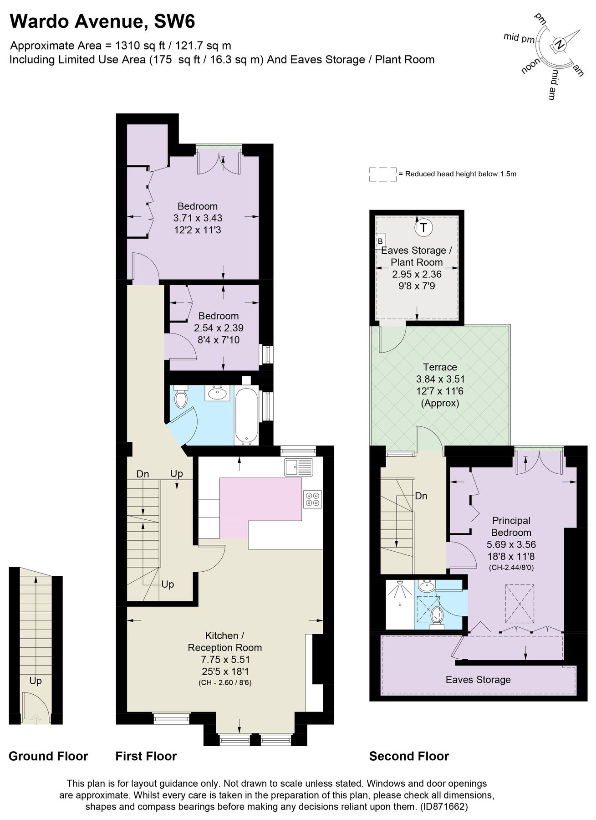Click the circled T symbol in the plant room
423,227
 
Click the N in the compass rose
560,45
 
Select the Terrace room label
440,367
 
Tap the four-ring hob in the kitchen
312,499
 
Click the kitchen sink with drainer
299,467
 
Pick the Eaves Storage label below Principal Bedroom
478,680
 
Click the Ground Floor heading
48,756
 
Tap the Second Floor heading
409,756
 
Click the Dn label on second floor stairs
421,496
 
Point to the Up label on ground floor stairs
36,681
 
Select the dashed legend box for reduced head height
382,174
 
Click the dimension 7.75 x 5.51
225,660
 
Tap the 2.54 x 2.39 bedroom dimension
219,328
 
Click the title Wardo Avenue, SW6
102,21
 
